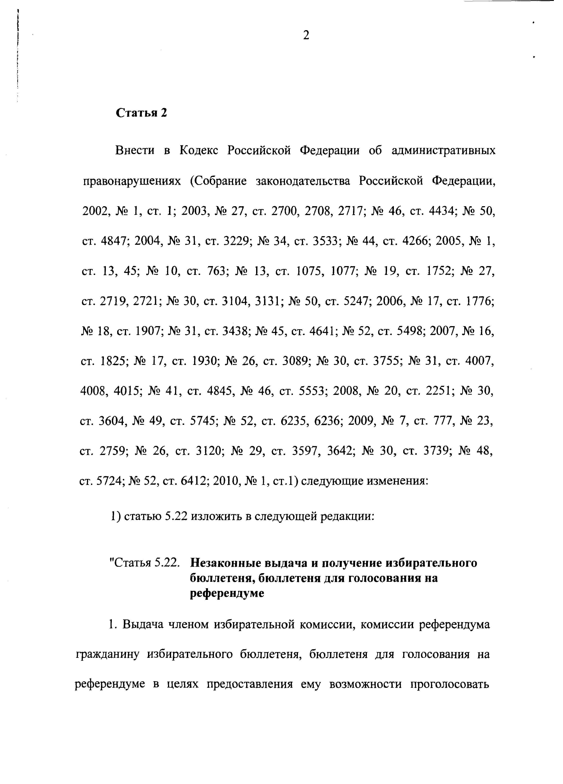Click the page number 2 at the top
coord(306,35)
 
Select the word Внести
coord(135,151)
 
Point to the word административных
coord(443,151)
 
